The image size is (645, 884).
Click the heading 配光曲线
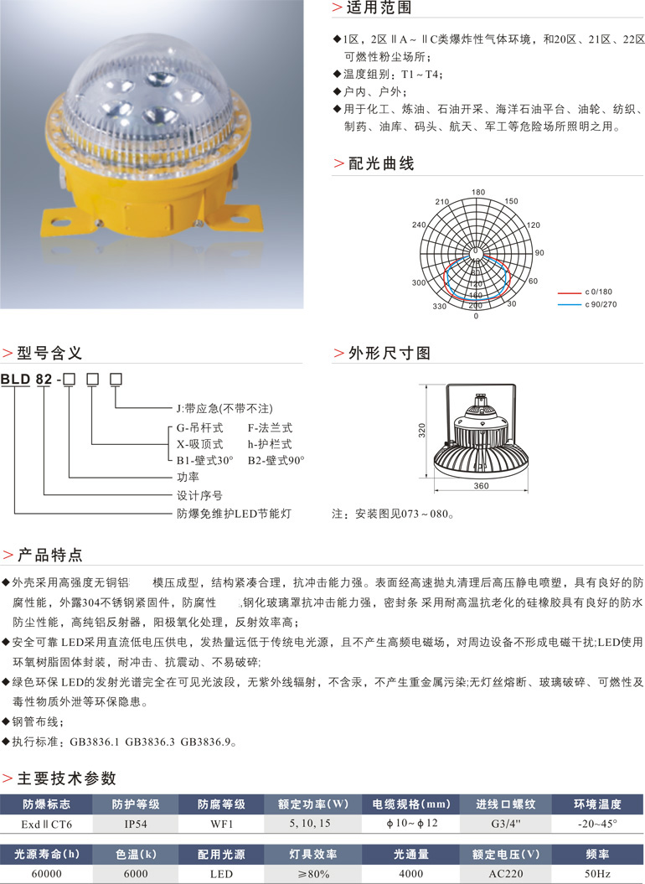(381, 163)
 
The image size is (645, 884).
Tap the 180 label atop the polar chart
(478, 193)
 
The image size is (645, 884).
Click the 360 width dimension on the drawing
(481, 486)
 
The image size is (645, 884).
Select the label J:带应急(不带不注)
(224, 408)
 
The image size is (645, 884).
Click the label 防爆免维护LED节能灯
(233, 513)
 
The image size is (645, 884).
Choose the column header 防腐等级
(222, 804)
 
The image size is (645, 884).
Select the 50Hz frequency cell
(596, 873)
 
